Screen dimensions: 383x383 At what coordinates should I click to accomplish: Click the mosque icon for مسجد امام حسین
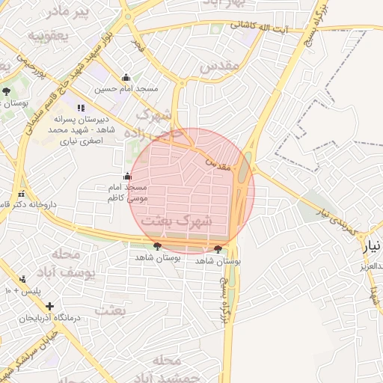[x=126, y=77]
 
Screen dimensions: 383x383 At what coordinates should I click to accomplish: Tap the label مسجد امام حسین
[x=126, y=88]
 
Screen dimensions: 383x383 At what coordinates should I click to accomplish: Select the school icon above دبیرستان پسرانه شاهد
[x=81, y=108]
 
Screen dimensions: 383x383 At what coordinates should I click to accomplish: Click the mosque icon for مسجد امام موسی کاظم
[x=126, y=177]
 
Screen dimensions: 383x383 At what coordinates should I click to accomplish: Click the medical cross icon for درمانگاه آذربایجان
[x=49, y=306]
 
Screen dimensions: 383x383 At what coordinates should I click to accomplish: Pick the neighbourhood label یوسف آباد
[x=75, y=266]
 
